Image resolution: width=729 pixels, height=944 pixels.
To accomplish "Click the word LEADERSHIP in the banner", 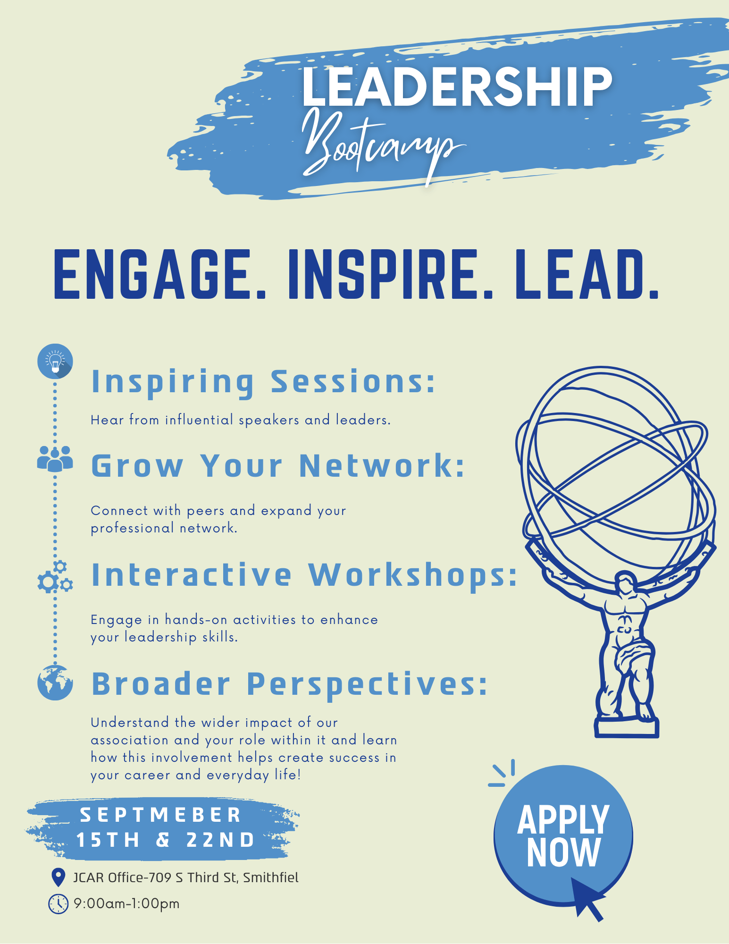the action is (x=457, y=86).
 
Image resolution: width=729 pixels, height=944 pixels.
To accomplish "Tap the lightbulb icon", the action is (x=55, y=361).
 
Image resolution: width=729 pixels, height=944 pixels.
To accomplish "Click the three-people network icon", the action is (x=55, y=458).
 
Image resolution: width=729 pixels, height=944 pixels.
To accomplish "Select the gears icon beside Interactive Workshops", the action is (x=55, y=577).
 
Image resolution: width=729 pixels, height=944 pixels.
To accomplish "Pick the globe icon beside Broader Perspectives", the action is (x=55, y=683).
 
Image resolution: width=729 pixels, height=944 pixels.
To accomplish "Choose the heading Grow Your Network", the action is (x=278, y=466).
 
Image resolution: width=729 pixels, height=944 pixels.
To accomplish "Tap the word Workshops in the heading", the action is (x=413, y=576).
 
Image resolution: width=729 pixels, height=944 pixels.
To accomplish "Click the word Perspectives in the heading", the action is (x=367, y=685).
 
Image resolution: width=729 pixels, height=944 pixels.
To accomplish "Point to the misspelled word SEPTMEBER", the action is (x=160, y=815).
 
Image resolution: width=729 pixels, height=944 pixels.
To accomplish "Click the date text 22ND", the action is (x=220, y=840).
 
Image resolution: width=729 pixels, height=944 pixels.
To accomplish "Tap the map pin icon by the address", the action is (x=58, y=877).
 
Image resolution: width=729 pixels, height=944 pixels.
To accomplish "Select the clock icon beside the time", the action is (x=59, y=904).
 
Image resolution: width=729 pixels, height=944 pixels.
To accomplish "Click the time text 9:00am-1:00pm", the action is (x=127, y=904).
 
